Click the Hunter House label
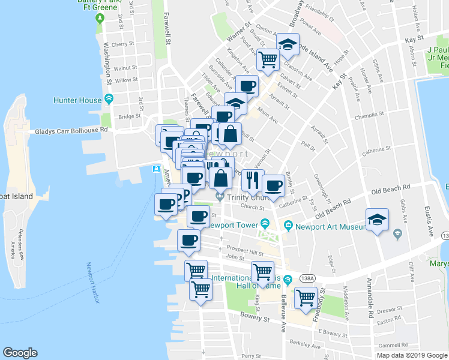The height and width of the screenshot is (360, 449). pos(78,100)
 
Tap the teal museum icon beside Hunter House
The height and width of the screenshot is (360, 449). pos(109,99)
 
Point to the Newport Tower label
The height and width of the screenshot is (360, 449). pos(233,226)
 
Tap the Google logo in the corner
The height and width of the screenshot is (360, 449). pos(20,353)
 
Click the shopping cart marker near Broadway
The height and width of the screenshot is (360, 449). pos(268,59)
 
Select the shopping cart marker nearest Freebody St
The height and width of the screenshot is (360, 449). pos(306,296)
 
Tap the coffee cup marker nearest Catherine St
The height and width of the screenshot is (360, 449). pos(274,185)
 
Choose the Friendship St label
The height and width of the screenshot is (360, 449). pos(318,11)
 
